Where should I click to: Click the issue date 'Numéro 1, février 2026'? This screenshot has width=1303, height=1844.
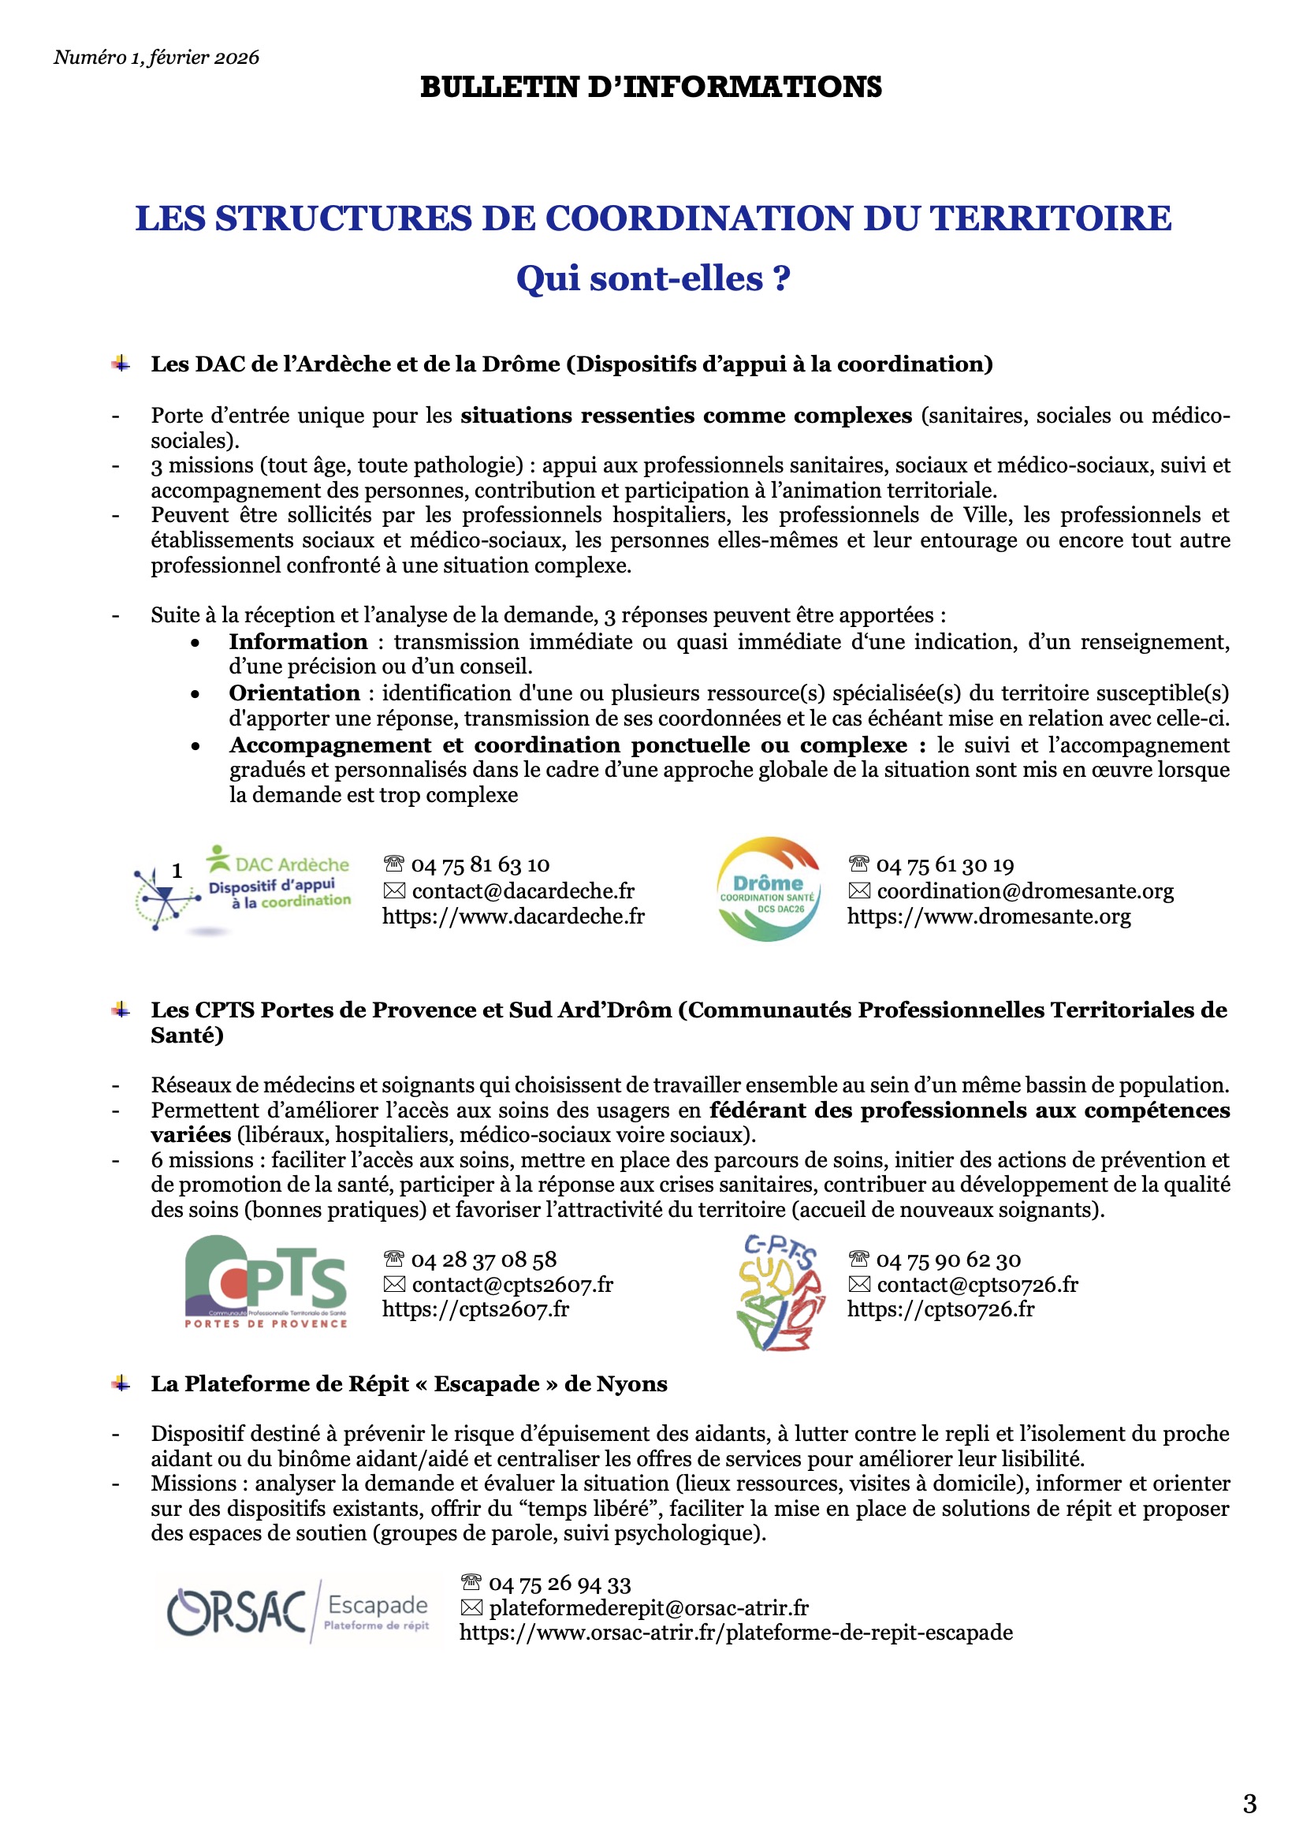click(157, 57)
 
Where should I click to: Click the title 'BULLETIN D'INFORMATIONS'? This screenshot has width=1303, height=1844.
click(650, 87)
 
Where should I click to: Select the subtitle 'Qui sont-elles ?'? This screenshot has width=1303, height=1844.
click(653, 278)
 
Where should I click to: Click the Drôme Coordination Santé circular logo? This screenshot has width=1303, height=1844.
click(768, 889)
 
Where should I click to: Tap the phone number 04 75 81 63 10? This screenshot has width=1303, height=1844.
click(480, 865)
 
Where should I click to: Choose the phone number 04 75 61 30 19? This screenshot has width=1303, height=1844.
click(945, 865)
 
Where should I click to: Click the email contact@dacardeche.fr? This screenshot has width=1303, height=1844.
click(523, 890)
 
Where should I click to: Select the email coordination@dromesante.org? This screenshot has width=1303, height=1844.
click(1025, 890)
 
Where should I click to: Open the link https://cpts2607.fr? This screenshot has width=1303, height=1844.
click(475, 1309)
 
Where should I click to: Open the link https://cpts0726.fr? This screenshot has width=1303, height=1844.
click(940, 1309)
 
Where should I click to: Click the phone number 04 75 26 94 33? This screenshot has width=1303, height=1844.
click(560, 1584)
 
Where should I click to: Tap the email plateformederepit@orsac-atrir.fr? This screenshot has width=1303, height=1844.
click(649, 1608)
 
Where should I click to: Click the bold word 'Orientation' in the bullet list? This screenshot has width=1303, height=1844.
click(295, 693)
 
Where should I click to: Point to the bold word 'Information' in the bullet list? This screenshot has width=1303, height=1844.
click(298, 642)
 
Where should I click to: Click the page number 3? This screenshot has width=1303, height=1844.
click(1249, 1804)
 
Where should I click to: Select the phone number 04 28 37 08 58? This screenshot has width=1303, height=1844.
click(483, 1260)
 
